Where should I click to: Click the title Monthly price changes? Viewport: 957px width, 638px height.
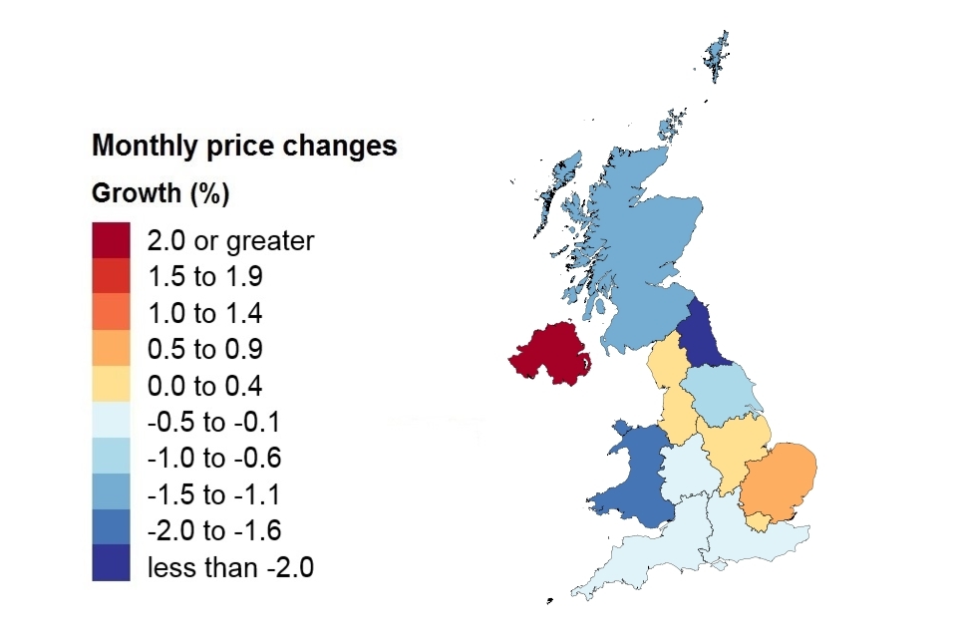pos(244,147)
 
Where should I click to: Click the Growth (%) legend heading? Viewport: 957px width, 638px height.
pos(160,193)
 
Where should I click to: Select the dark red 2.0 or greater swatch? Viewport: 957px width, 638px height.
pos(111,240)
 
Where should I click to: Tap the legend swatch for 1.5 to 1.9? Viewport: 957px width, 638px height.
pos(111,276)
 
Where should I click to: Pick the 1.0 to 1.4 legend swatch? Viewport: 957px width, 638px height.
pos(111,313)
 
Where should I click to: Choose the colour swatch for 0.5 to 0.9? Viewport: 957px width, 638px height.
pos(111,350)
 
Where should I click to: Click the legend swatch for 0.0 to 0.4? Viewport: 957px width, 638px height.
pos(111,386)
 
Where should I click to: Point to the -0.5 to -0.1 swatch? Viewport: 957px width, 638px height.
pos(111,422)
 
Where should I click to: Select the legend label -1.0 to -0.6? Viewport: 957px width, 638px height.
pos(214,459)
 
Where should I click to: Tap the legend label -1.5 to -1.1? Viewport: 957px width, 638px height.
pos(214,494)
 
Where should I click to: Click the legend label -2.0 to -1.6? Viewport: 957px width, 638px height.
pos(214,530)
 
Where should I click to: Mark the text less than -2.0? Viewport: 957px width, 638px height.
pos(230,567)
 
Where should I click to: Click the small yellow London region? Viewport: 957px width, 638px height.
pos(761,520)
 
